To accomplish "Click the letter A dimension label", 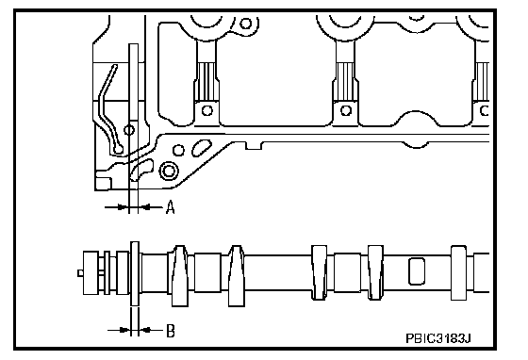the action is point(171,207).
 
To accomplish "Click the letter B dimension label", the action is point(171,331).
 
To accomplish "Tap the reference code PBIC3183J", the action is point(437,338).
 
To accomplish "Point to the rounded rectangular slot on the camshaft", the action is point(417,271).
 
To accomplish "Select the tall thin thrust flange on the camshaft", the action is point(135,273).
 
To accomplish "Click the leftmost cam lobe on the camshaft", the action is point(180,276).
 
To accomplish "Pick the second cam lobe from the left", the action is point(237,276).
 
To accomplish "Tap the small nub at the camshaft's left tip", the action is point(80,273).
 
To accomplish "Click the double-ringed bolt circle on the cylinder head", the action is point(169,171).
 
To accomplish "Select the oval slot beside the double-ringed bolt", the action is point(202,148).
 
